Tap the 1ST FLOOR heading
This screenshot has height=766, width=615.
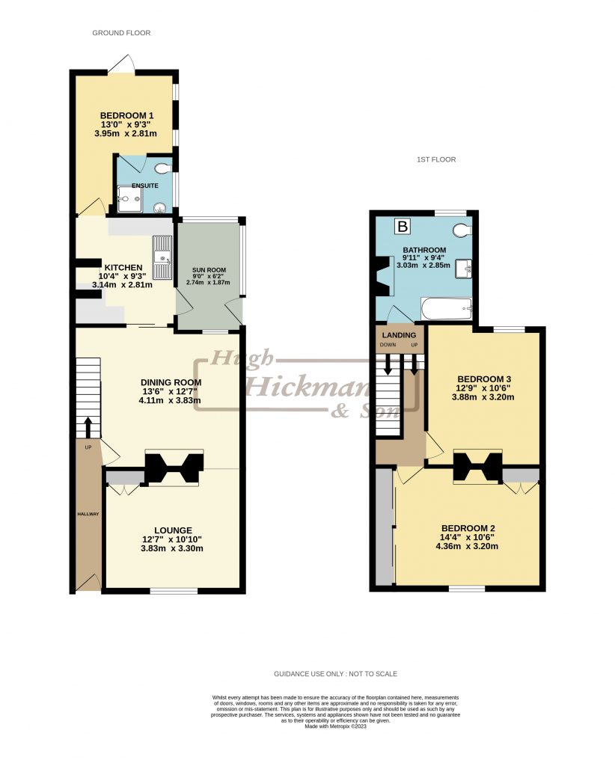[436, 159]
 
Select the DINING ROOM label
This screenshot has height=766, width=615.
[171, 382]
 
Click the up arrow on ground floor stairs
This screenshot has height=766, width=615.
[88, 426]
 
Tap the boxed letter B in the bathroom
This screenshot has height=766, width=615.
[403, 226]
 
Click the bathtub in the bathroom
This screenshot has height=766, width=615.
[446, 307]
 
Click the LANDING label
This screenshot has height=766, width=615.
[399, 334]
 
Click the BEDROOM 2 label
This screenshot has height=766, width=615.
[468, 528]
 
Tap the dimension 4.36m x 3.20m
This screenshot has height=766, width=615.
[468, 546]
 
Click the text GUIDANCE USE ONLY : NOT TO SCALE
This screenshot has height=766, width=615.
[335, 674]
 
